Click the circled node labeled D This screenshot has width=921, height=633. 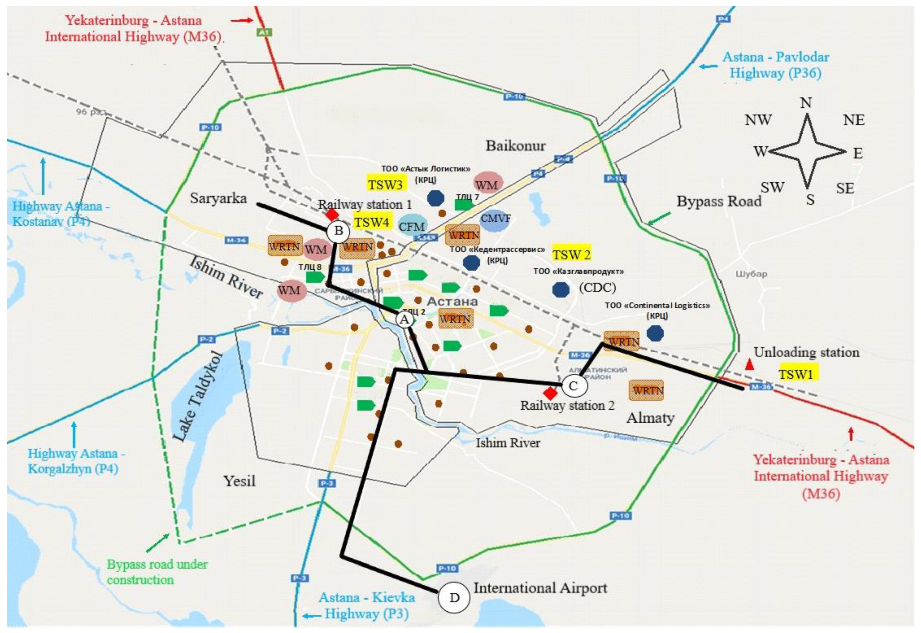click(x=454, y=597)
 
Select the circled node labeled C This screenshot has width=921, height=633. click(x=573, y=386)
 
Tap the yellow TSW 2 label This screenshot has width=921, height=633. click(x=571, y=254)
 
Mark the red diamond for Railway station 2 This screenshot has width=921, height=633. click(x=550, y=393)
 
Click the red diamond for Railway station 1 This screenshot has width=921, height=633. click(x=332, y=215)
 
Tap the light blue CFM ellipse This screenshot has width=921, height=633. click(x=412, y=226)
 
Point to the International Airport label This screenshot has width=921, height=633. click(x=540, y=588)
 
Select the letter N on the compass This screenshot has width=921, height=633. click(x=806, y=103)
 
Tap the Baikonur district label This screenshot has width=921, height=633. click(x=516, y=146)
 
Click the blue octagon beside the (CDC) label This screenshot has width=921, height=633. click(x=561, y=290)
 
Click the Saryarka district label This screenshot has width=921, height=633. click(x=218, y=198)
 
